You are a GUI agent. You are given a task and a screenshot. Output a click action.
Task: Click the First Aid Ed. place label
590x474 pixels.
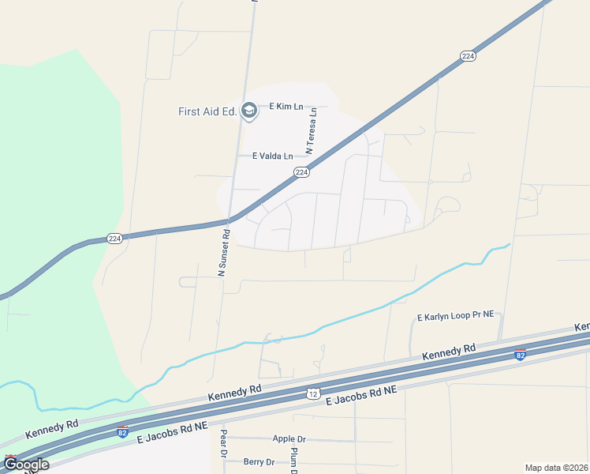[207, 111]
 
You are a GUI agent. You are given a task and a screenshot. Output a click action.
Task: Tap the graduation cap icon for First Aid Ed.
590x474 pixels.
[249, 111]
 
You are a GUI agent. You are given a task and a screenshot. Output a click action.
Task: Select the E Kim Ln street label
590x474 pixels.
[287, 106]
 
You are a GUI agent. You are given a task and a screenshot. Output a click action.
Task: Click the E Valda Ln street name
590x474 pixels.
[272, 156]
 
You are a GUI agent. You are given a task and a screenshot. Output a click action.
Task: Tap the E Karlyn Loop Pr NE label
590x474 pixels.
[455, 316]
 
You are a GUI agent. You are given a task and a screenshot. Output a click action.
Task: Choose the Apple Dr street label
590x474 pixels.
[289, 438]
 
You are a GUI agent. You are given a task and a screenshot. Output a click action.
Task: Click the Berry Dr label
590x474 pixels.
[259, 462]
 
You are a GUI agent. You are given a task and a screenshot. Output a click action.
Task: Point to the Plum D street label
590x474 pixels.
[293, 460]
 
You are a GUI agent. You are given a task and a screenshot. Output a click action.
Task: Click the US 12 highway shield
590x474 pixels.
[313, 393]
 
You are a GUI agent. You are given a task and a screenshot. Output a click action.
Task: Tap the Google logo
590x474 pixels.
[26, 465]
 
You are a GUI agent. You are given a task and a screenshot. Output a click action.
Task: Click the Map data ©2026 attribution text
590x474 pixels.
[556, 468]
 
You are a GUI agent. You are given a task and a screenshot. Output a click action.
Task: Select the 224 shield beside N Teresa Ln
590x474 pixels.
[301, 172]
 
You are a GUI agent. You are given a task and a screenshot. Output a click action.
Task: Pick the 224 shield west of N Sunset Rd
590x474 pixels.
[114, 239]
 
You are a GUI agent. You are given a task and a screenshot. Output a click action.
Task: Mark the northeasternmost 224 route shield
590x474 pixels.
[468, 56]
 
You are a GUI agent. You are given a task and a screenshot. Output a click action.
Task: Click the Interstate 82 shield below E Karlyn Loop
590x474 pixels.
[520, 355]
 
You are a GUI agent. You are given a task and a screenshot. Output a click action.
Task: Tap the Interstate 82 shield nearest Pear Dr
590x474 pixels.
[122, 432]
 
